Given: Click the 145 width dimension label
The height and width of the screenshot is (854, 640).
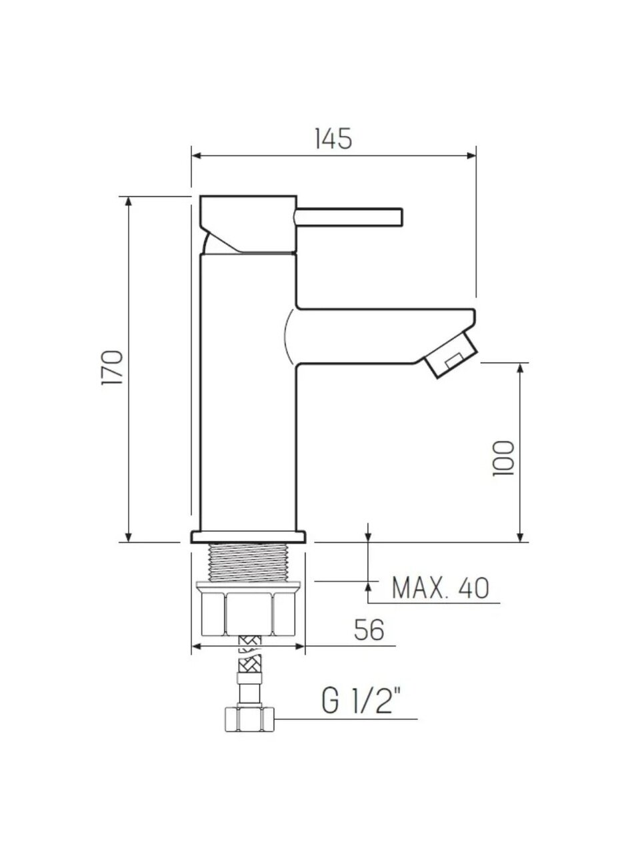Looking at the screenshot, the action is (x=333, y=139).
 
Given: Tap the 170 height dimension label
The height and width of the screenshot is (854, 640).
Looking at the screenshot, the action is (x=112, y=368).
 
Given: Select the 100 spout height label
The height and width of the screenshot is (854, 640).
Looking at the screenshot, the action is (x=503, y=458).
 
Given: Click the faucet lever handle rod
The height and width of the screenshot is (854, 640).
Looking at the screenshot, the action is (x=349, y=217).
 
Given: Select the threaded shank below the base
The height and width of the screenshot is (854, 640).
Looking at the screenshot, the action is (x=249, y=562).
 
